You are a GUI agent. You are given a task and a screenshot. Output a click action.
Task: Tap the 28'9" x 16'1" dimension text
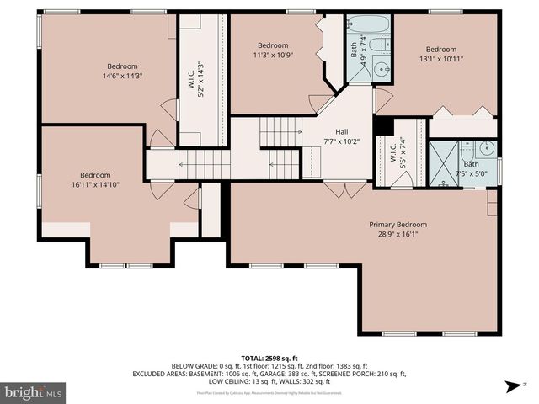398,236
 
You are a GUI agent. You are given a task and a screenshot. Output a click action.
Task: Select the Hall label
342,131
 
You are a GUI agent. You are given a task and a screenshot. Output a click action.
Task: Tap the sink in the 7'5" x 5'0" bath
486,149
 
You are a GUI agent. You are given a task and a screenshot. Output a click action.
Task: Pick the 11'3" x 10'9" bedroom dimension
273,56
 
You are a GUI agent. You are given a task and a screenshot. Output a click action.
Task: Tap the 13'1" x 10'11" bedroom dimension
440,60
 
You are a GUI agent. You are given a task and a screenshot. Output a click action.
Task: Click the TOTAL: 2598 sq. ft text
269,358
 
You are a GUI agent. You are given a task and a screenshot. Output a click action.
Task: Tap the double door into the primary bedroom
345,189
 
